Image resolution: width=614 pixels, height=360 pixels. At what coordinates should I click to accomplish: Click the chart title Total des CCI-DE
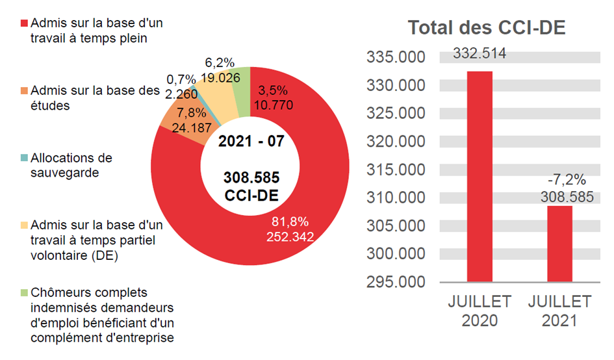[486, 29]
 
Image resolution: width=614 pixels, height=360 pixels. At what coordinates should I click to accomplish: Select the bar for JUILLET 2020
[480, 175]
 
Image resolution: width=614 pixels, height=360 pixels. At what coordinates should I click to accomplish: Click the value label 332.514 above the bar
[480, 53]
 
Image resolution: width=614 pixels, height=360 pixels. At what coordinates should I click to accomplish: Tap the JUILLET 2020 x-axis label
[480, 311]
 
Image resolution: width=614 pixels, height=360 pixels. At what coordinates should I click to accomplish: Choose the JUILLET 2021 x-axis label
[559, 311]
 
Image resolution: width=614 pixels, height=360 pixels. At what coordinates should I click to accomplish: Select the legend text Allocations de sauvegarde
[71, 164]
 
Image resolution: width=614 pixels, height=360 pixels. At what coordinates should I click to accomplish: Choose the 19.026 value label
[221, 77]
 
